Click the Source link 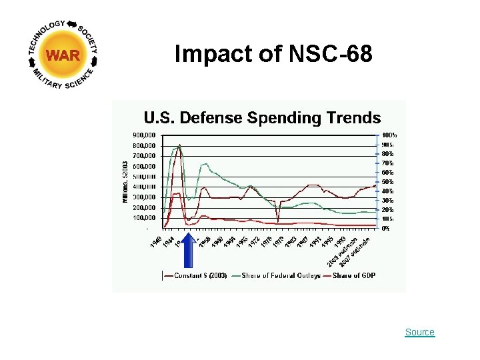419,332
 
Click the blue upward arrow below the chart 189,250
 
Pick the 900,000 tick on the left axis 144,135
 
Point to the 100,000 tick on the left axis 144,218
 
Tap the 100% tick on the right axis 390,135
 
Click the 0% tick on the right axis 386,228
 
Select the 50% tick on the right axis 388,181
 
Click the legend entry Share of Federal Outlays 281,275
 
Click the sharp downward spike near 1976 278,220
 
